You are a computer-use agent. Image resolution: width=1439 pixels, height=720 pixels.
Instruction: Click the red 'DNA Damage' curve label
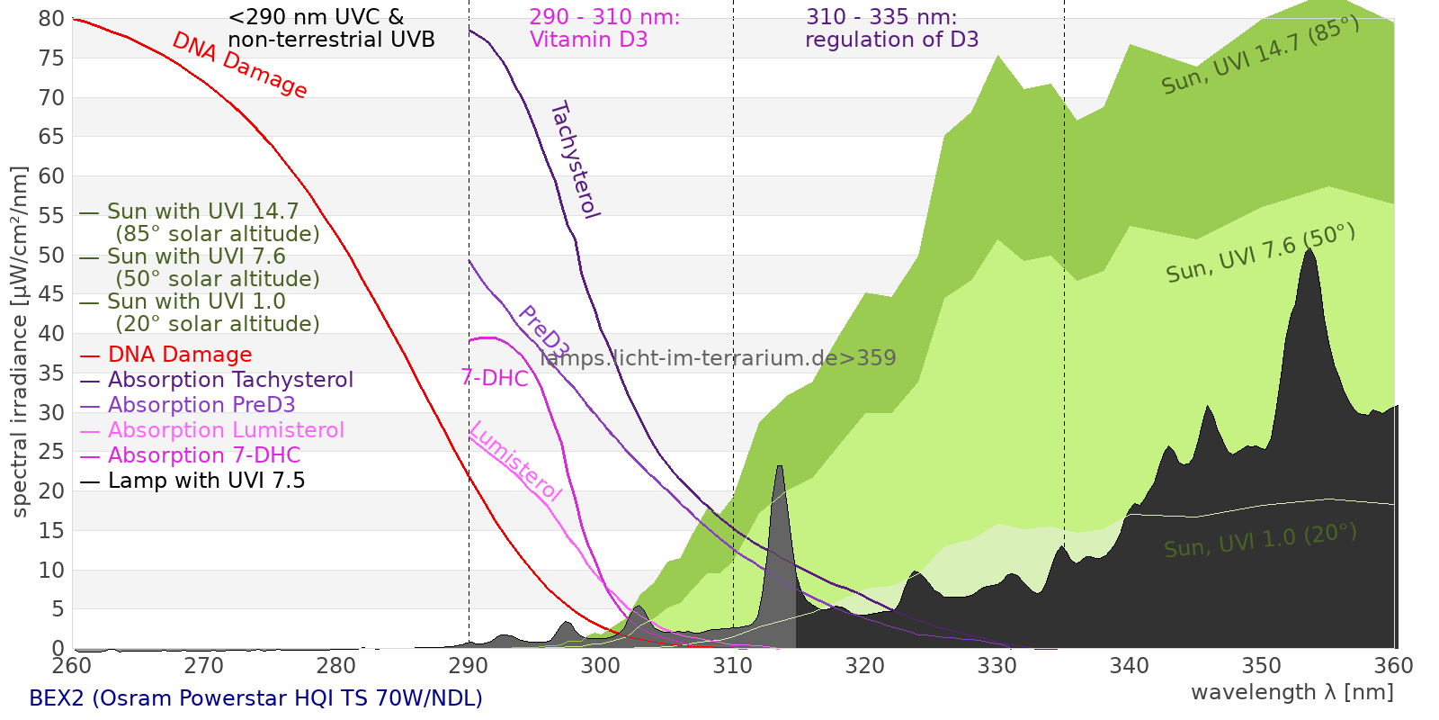pos(239,65)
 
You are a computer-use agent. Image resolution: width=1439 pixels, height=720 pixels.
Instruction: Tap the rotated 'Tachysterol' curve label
pos(575,160)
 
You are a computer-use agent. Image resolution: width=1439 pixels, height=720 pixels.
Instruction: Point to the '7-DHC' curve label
pos(495,378)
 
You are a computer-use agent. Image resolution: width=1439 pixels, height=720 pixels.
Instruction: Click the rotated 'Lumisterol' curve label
pos(515,461)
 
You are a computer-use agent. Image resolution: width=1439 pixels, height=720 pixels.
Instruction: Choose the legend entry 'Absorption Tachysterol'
pos(230,380)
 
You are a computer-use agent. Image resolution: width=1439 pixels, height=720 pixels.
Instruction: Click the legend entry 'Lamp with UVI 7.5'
pos(206,481)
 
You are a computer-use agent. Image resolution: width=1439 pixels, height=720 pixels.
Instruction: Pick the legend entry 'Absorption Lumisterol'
pos(226,430)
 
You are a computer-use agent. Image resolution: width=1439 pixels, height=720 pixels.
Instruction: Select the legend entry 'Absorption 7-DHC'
pos(204,455)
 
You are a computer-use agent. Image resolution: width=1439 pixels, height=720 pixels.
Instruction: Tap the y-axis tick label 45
pos(52,294)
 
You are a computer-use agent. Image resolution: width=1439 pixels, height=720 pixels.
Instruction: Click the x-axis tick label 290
pos(468,666)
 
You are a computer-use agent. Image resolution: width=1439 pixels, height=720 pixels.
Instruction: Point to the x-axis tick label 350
pos(1261,666)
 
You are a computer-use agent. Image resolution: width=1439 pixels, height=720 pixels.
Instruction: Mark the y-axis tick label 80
pos(52,19)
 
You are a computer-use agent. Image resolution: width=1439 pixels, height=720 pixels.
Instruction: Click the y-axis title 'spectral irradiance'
pos(20,342)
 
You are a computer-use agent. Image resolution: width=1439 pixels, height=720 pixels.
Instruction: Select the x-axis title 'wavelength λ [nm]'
pos(1292,692)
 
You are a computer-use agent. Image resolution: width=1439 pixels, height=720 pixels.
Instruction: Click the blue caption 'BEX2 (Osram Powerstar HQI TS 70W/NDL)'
pos(255,698)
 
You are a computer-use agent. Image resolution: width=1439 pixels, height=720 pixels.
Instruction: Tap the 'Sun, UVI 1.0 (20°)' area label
pos(1260,541)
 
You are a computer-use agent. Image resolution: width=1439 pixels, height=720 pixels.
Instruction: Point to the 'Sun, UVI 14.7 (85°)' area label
pos(1260,55)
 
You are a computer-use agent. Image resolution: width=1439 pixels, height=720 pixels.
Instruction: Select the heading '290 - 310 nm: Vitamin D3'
pos(603,29)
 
